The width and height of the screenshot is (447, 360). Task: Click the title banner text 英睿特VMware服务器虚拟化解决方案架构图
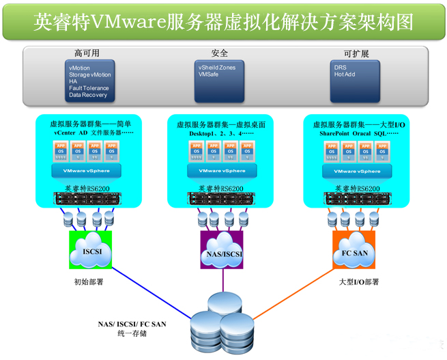click(x=223, y=22)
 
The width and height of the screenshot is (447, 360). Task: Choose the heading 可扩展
click(x=356, y=53)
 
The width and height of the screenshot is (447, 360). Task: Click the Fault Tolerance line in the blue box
click(x=88, y=88)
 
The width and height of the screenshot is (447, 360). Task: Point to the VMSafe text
click(x=208, y=74)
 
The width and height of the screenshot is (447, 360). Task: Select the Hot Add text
click(x=345, y=74)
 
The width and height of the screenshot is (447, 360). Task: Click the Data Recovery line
click(x=88, y=95)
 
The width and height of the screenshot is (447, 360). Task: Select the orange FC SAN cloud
click(x=355, y=251)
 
